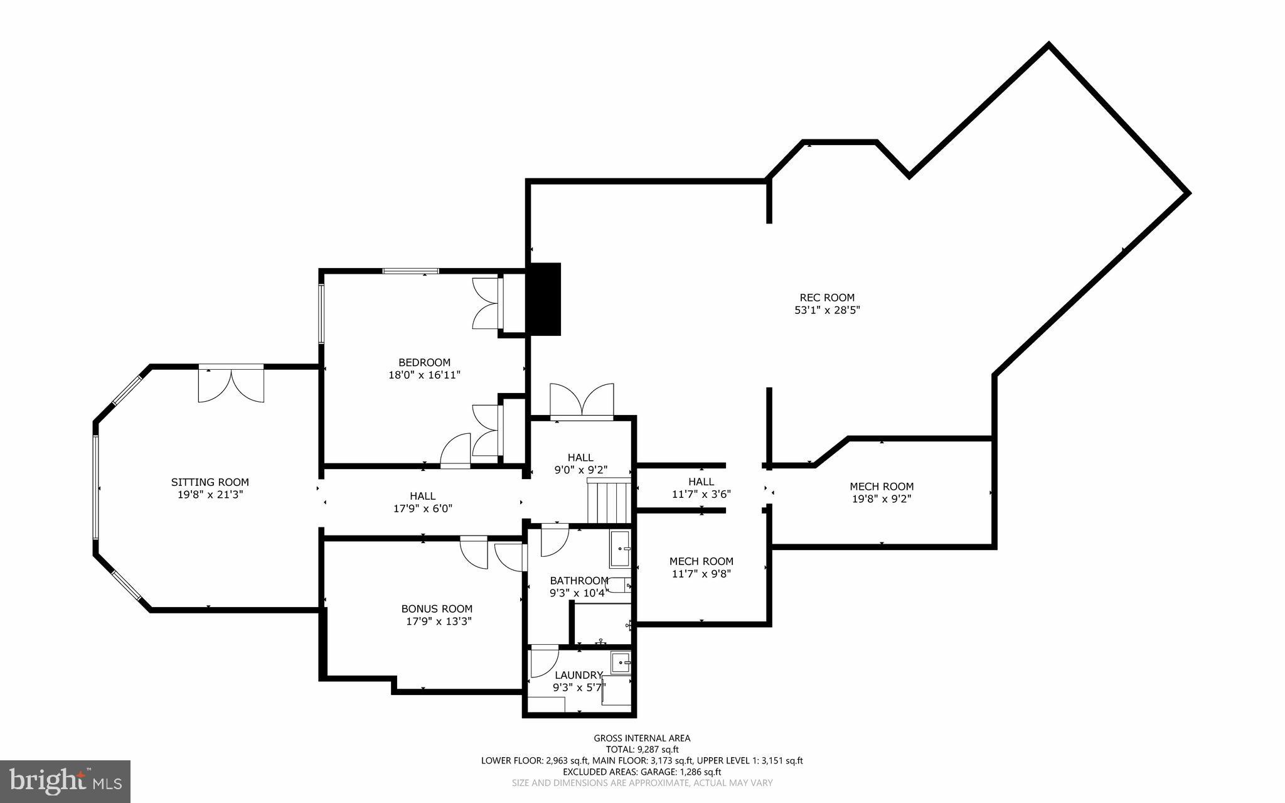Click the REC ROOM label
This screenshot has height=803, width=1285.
click(x=826, y=298)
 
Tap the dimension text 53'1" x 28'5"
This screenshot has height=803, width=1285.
click(x=826, y=310)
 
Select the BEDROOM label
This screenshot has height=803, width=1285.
click(x=424, y=362)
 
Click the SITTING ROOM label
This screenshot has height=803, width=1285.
click(x=210, y=482)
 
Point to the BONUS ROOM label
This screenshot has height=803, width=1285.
click(x=437, y=608)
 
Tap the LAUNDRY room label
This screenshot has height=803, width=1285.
click(x=578, y=675)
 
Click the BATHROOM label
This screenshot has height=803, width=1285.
click(x=579, y=580)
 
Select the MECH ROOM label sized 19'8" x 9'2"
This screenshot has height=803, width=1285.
click(x=881, y=487)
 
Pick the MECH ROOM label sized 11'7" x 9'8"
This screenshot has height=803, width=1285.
click(x=701, y=561)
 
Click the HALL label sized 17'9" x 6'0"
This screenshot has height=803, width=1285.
click(x=422, y=496)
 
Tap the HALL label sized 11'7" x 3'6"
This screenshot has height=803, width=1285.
click(x=701, y=482)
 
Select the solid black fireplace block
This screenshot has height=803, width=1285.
click(x=543, y=299)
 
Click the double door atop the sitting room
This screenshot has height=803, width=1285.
click(x=231, y=384)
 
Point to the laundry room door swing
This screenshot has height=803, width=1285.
click(x=543, y=663)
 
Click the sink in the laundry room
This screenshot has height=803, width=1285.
click(x=621, y=662)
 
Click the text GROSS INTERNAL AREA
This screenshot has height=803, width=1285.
click(x=642, y=738)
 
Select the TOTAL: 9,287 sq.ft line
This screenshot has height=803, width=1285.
click(x=642, y=749)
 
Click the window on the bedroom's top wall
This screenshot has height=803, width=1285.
click(x=410, y=271)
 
